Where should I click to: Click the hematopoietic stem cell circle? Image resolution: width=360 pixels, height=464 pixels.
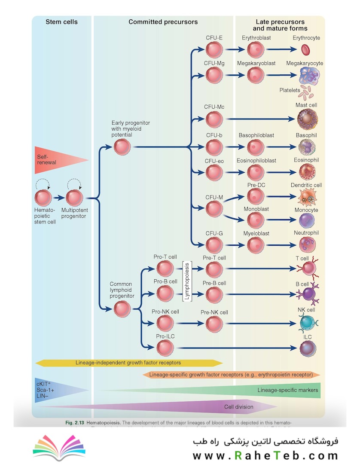43,198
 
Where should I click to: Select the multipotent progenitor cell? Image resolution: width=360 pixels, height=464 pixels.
74,198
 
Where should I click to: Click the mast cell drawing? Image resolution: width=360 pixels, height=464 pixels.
307,118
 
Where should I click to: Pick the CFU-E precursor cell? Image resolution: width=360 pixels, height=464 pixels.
214,51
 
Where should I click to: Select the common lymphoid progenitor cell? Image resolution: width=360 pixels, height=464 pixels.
122,308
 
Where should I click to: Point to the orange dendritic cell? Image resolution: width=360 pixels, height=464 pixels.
307,197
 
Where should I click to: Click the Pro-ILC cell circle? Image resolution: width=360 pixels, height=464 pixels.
165,347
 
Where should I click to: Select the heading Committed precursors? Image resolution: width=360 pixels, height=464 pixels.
163,21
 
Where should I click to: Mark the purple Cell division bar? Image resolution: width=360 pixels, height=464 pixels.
172,406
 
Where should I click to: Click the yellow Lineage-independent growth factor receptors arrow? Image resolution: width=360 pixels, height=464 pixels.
128,363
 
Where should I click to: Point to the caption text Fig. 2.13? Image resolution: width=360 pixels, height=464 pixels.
75,423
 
